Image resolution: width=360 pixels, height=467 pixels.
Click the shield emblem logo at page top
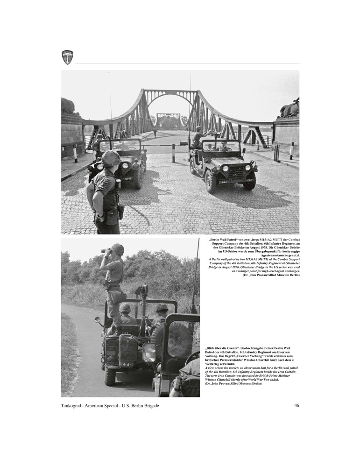[x=67, y=57]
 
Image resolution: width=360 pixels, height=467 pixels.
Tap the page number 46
[x=296, y=405]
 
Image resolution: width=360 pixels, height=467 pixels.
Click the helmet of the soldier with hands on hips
[x=111, y=158]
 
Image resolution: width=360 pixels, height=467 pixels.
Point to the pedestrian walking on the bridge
[x=155, y=133]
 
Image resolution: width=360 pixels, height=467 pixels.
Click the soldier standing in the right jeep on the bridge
[x=198, y=137]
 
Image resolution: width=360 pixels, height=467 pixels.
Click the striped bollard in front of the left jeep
[x=75, y=153]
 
